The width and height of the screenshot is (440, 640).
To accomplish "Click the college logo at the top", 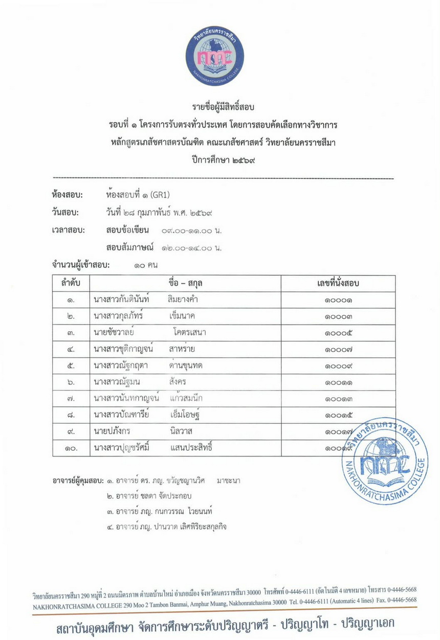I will pyautogui.click(x=214, y=56).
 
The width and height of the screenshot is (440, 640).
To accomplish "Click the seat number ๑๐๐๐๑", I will pyautogui.click(x=338, y=300).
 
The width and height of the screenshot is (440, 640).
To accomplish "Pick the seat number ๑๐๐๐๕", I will pyautogui.click(x=338, y=333).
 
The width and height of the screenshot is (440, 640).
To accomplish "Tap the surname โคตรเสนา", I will pyautogui.click(x=189, y=333).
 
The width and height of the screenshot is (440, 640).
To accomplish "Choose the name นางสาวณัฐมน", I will pyautogui.click(x=117, y=382).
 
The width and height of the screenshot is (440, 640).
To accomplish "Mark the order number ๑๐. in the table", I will pyautogui.click(x=71, y=449).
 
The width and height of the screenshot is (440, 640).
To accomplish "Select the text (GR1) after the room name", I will pyautogui.click(x=160, y=195).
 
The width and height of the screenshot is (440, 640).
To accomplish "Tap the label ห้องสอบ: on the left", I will pyautogui.click(x=67, y=195).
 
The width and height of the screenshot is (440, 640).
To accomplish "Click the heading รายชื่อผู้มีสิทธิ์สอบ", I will pyautogui.click(x=223, y=107).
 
